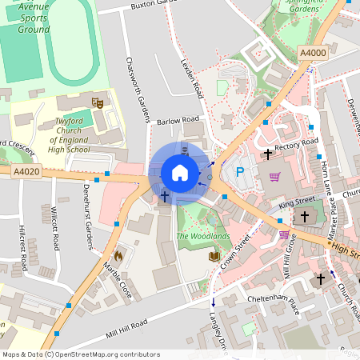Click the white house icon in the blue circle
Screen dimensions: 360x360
(180, 173)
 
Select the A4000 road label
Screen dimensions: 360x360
(313, 53)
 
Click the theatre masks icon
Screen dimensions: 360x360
(98, 102)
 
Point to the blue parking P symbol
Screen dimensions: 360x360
(239, 172)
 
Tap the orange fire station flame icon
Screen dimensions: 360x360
(118, 256)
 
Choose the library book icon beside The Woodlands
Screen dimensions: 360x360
(214, 256)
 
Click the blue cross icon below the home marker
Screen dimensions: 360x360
(165, 195)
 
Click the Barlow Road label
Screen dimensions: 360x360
(178, 121)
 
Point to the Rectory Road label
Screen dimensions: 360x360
(296, 146)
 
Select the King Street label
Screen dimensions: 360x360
(298, 203)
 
